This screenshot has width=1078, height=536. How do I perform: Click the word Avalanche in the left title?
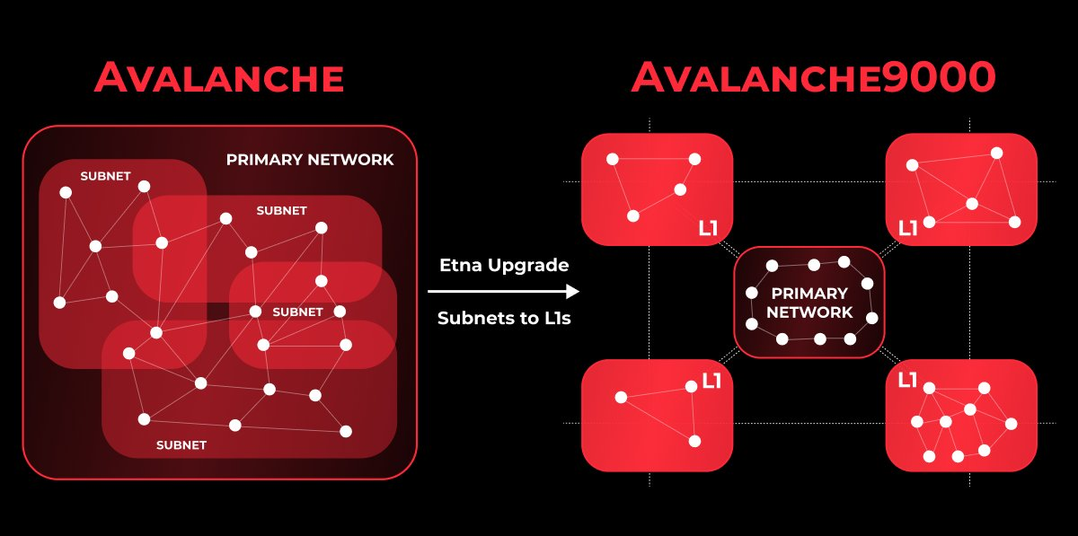(x=219, y=77)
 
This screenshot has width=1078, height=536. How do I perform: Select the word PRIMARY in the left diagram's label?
(x=266, y=160)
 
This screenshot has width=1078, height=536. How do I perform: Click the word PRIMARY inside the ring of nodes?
(x=809, y=294)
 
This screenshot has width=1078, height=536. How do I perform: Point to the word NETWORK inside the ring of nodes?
(x=809, y=312)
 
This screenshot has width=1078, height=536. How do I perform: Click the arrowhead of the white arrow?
(x=572, y=292)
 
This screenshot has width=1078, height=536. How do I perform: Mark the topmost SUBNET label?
(x=106, y=176)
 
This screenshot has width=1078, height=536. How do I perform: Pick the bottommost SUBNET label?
(x=181, y=444)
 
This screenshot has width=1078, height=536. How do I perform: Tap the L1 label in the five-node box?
(x=908, y=228)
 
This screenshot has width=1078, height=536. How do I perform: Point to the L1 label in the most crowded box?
(x=907, y=381)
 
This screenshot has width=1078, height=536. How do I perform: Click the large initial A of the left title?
(x=113, y=77)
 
